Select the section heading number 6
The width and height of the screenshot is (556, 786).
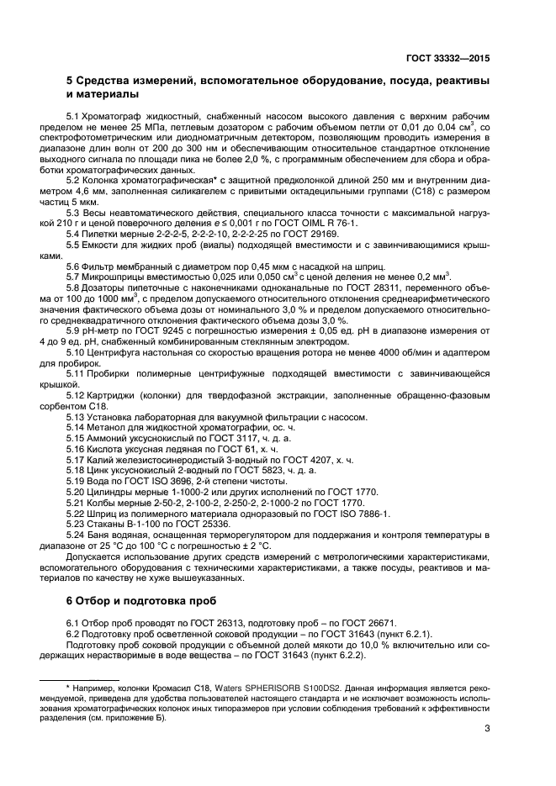[x=71, y=601]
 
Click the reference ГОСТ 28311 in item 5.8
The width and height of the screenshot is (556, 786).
[x=370, y=286]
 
